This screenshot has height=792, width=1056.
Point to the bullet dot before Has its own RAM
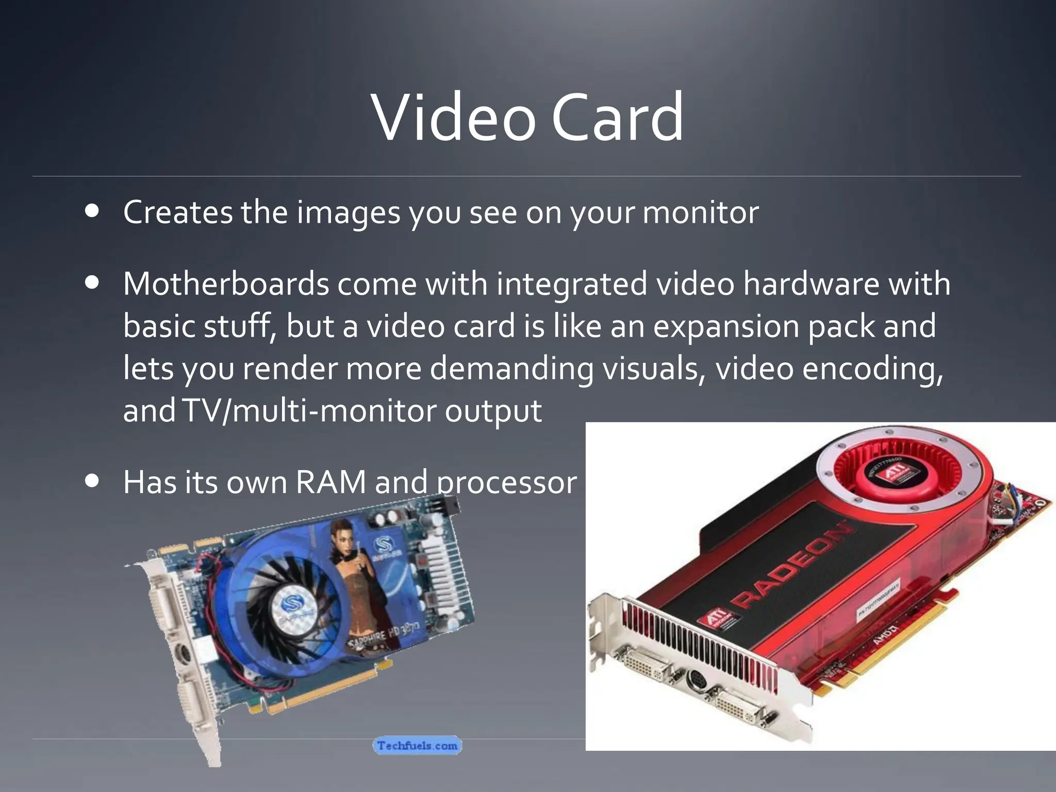tap(93, 481)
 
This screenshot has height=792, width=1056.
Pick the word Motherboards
tap(226, 284)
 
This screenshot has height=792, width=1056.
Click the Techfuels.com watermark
tap(417, 746)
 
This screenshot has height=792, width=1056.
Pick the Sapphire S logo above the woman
tap(383, 548)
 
